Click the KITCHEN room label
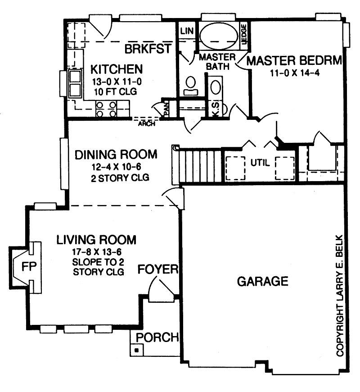pyautogui.click(x=117, y=69)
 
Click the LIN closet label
pyautogui.click(x=186, y=31)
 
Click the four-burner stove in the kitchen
pyautogui.click(x=107, y=109)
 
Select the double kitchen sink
pyautogui.click(x=74, y=84)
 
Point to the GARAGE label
pyautogui.click(x=262, y=282)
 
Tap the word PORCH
pyautogui.click(x=157, y=337)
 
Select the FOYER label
pyautogui.click(x=158, y=270)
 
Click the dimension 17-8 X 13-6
pyautogui.click(x=96, y=252)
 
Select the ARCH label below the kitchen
pyautogui.click(x=147, y=123)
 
